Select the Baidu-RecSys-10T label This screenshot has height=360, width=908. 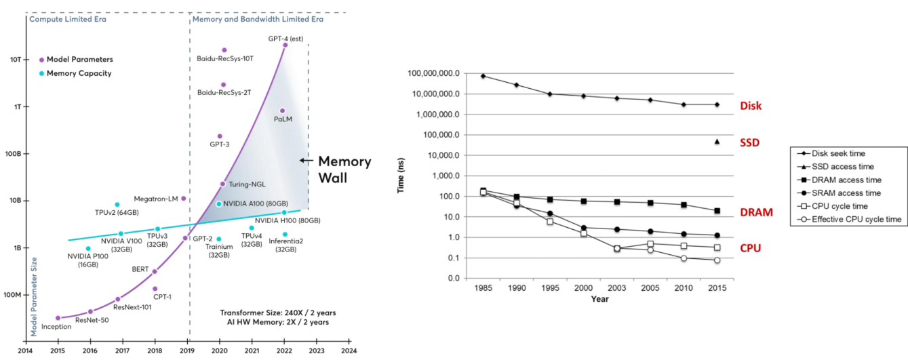click(x=220, y=58)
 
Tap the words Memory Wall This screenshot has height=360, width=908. click(x=344, y=169)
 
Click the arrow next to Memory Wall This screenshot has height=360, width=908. click(x=306, y=161)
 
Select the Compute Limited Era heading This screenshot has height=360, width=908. click(x=68, y=19)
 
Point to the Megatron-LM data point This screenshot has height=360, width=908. click(x=184, y=199)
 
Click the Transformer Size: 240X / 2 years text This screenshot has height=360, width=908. click(x=278, y=313)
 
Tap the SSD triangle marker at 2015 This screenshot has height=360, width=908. click(x=717, y=141)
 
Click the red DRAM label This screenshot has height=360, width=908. click(x=757, y=213)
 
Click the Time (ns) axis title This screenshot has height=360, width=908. click(x=401, y=176)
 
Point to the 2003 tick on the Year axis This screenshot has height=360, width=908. click(x=617, y=287)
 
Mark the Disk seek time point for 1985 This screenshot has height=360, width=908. click(x=483, y=76)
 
